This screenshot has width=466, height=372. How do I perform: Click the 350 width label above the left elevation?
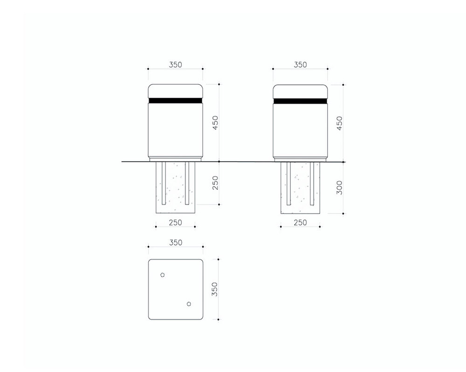pyautogui.click(x=175, y=64)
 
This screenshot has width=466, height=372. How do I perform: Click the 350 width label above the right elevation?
pyautogui.click(x=300, y=64)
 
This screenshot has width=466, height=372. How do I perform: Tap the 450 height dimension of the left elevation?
pyautogui.click(x=215, y=123)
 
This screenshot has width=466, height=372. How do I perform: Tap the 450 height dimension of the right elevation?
pyautogui.click(x=339, y=123)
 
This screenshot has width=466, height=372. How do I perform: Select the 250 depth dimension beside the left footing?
pyautogui.click(x=215, y=183)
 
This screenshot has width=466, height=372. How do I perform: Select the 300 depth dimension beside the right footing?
pyautogui.click(x=339, y=188)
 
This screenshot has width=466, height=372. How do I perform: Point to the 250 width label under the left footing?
pyautogui.click(x=175, y=222)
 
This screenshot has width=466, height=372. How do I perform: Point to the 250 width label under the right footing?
pyautogui.click(x=300, y=222)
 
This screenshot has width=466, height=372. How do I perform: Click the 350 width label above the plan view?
pyautogui.click(x=176, y=242)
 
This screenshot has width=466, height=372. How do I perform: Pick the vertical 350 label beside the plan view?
pyautogui.click(x=214, y=289)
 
